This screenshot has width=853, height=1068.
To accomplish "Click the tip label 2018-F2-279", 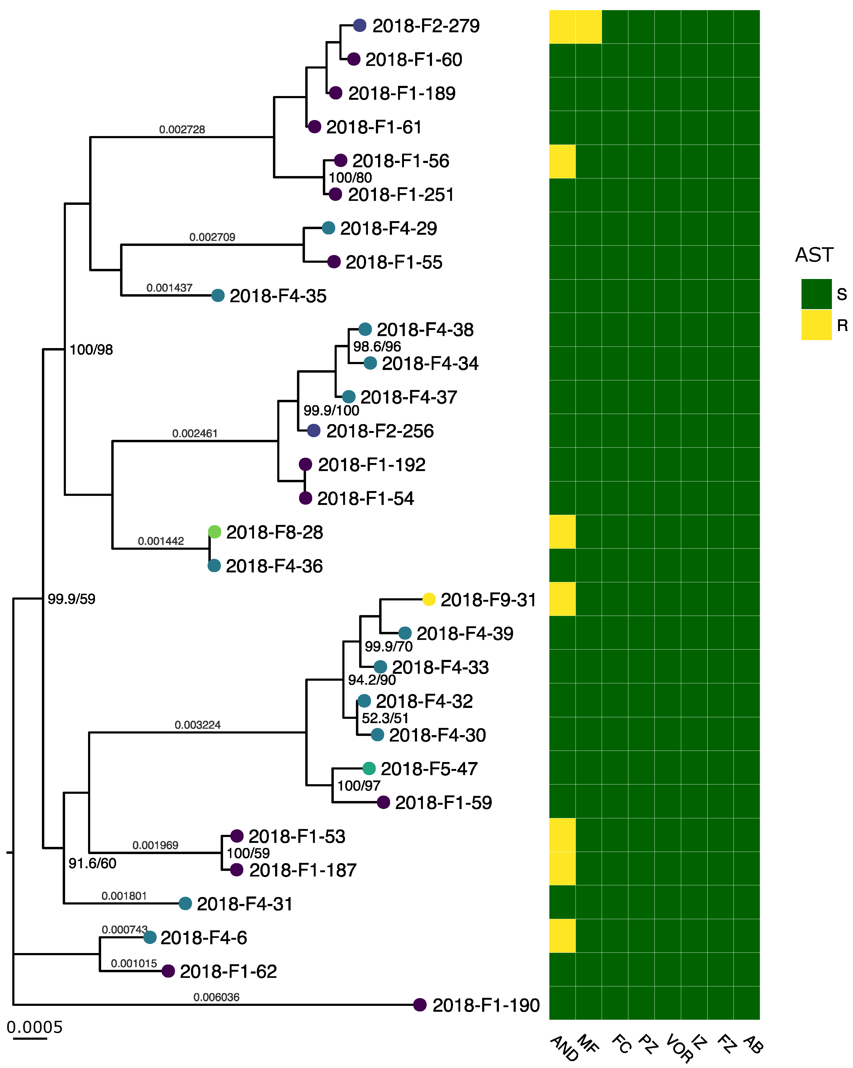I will pyautogui.click(x=426, y=26).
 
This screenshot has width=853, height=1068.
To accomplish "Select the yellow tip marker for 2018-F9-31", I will pyautogui.click(x=429, y=599).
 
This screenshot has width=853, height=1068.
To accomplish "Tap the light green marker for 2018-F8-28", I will pyautogui.click(x=214, y=532).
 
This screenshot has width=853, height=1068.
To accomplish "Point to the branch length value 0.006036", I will pyautogui.click(x=216, y=997).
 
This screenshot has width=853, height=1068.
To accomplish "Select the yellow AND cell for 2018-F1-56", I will pyautogui.click(x=562, y=161).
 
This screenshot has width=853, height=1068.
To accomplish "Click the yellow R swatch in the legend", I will pyautogui.click(x=816, y=325).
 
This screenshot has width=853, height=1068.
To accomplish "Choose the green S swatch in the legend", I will pyautogui.click(x=816, y=294).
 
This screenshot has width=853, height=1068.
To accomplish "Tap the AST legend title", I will pyautogui.click(x=814, y=255).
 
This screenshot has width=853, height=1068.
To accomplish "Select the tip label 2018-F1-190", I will pyautogui.click(x=486, y=1006).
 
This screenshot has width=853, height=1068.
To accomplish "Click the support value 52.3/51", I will pyautogui.click(x=385, y=718).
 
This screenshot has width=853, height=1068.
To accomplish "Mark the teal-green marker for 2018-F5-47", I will pyautogui.click(x=369, y=768).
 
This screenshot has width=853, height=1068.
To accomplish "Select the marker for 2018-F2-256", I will pyautogui.click(x=313, y=431).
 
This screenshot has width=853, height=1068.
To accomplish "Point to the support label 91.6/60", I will pyautogui.click(x=92, y=863).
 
